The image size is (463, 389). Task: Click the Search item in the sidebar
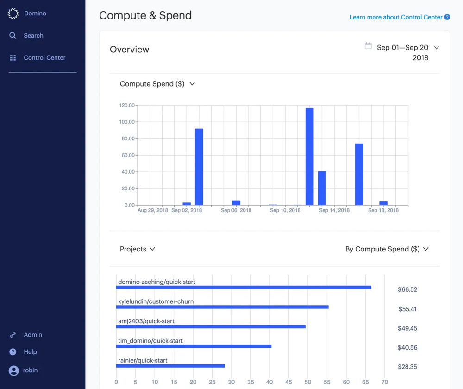(x=33, y=36)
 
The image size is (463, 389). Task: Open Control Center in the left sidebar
(x=44, y=58)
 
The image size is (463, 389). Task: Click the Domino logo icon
(x=13, y=13)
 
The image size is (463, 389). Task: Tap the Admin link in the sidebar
(x=33, y=335)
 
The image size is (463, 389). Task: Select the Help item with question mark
(x=30, y=352)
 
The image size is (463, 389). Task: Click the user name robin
(x=31, y=370)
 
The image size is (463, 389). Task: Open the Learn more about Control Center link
(x=396, y=17)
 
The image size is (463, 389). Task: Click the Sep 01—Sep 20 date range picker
(x=402, y=48)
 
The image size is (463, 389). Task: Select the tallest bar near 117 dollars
(x=309, y=157)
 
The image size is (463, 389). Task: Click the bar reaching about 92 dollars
(x=199, y=167)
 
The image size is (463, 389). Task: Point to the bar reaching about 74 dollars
(x=359, y=174)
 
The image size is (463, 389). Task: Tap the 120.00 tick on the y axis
(x=127, y=106)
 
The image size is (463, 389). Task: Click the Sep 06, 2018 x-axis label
(x=236, y=210)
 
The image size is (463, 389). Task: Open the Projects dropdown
(x=137, y=249)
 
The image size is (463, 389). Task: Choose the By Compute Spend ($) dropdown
(x=387, y=249)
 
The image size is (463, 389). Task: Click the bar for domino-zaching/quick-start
(x=243, y=288)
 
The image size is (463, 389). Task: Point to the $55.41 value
(x=407, y=309)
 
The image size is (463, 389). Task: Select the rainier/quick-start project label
(x=143, y=360)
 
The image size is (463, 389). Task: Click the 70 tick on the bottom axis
(x=384, y=383)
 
